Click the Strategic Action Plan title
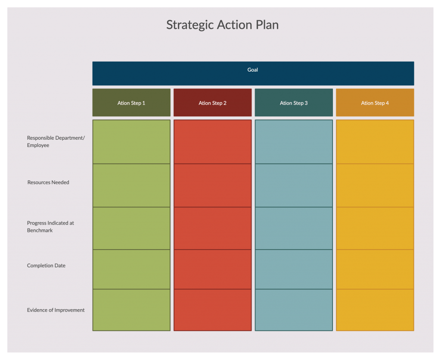[x=223, y=25]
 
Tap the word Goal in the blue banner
[x=252, y=70]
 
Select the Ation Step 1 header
[x=131, y=103]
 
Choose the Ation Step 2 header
[x=213, y=103]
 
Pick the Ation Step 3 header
[x=294, y=103]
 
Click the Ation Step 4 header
[x=375, y=103]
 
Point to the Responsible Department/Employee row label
[x=56, y=141]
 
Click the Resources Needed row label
[x=48, y=182]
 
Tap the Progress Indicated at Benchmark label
[x=50, y=227]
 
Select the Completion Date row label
[x=46, y=266]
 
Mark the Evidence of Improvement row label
[x=56, y=310]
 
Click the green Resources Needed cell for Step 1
[x=131, y=185]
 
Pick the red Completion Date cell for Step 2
[x=213, y=269]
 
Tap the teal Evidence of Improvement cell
[x=294, y=310]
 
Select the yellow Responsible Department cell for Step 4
[x=375, y=141]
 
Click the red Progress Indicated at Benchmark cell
[x=213, y=228]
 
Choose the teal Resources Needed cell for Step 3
[x=294, y=185]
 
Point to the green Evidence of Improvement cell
[x=131, y=310]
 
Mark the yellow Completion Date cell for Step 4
[x=375, y=269]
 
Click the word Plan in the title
[x=267, y=25]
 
